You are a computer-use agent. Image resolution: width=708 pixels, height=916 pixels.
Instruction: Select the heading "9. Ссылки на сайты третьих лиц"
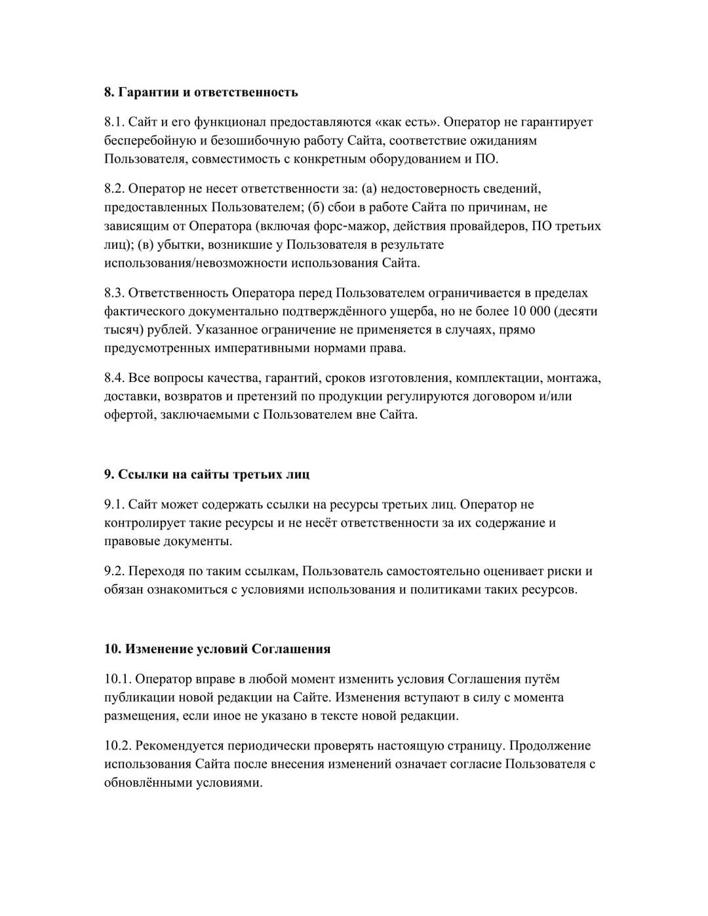[206, 474]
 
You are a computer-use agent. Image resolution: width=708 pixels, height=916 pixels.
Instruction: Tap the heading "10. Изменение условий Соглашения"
[217, 649]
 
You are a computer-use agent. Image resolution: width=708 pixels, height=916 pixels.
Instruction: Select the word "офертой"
[128, 415]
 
